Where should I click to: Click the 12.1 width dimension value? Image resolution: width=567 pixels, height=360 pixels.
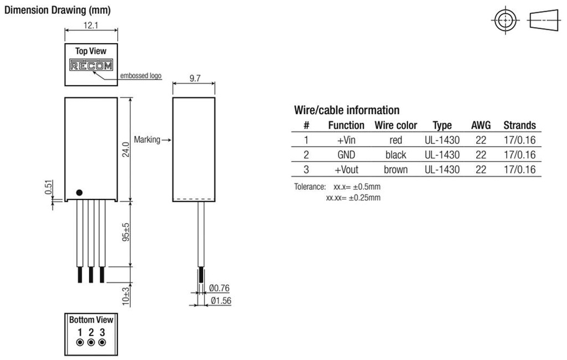tap(91, 25)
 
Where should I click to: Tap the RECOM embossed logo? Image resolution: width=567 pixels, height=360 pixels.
tap(91, 65)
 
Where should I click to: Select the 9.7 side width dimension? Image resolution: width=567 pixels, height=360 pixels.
tap(194, 79)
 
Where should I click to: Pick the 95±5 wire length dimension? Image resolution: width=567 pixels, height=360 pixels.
tap(126, 233)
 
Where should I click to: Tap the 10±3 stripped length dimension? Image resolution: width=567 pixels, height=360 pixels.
tap(126, 296)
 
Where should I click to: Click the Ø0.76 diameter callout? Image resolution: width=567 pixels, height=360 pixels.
tap(220, 287)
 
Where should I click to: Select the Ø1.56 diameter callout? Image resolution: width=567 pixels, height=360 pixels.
tap(220, 301)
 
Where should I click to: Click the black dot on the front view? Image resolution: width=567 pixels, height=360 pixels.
tap(79, 192)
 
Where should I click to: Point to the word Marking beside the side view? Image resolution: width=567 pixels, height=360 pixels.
tap(147, 140)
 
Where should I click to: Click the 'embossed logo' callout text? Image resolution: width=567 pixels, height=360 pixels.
tap(141, 75)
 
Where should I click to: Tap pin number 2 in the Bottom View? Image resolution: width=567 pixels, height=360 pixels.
tap(91, 333)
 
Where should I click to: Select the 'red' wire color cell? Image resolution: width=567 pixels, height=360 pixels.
tap(395, 140)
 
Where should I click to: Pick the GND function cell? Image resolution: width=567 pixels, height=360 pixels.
tap(346, 155)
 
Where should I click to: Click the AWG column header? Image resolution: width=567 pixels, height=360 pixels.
tap(481, 125)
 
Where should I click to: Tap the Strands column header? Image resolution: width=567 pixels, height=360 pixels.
tap(519, 125)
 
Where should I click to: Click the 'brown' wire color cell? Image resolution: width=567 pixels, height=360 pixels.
tap(395, 169)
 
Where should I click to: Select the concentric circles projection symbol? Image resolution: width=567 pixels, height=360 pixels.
tap(505, 20)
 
